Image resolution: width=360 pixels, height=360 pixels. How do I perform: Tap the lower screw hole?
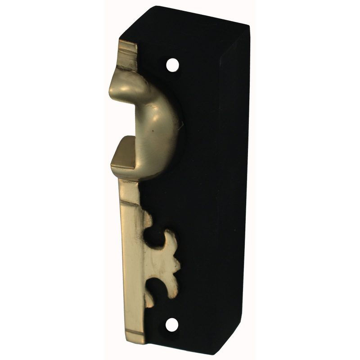click(172, 324)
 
